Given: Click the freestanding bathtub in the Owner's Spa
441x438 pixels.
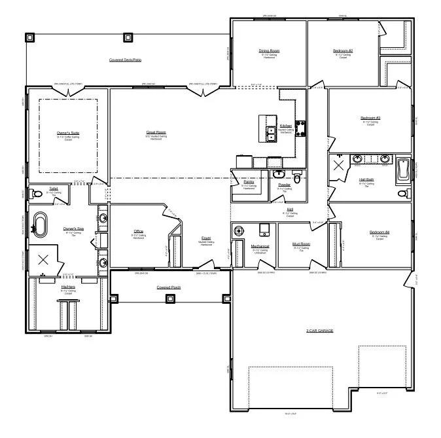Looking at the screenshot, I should (43, 225).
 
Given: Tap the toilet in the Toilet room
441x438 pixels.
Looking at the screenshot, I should (37, 194).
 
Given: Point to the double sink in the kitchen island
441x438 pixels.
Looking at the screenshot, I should (270, 133).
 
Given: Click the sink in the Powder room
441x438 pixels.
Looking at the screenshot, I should (279, 175).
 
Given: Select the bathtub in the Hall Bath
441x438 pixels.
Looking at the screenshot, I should (402, 170).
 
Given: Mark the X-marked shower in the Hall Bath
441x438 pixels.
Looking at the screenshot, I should (340, 164).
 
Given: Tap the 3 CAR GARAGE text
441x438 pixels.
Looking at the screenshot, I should (319, 331).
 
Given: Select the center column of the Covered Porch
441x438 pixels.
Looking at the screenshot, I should (170, 299).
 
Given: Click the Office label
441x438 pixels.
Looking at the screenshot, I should (138, 231).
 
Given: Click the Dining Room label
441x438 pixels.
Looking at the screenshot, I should (269, 50).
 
